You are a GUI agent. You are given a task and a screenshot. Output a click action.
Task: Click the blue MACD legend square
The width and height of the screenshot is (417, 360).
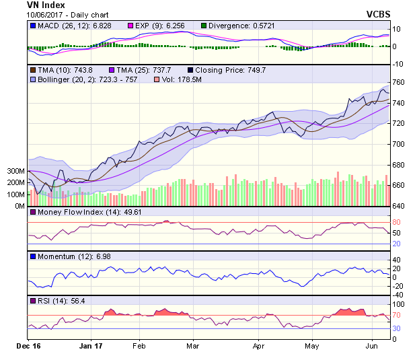click(32, 26)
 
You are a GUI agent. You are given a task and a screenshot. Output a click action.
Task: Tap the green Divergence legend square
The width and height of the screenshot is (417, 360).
click(204, 26)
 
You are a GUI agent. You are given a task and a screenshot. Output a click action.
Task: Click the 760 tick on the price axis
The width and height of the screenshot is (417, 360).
click(398, 83)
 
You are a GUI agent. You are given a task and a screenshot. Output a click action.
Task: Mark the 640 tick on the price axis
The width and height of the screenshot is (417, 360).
click(398, 206)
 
